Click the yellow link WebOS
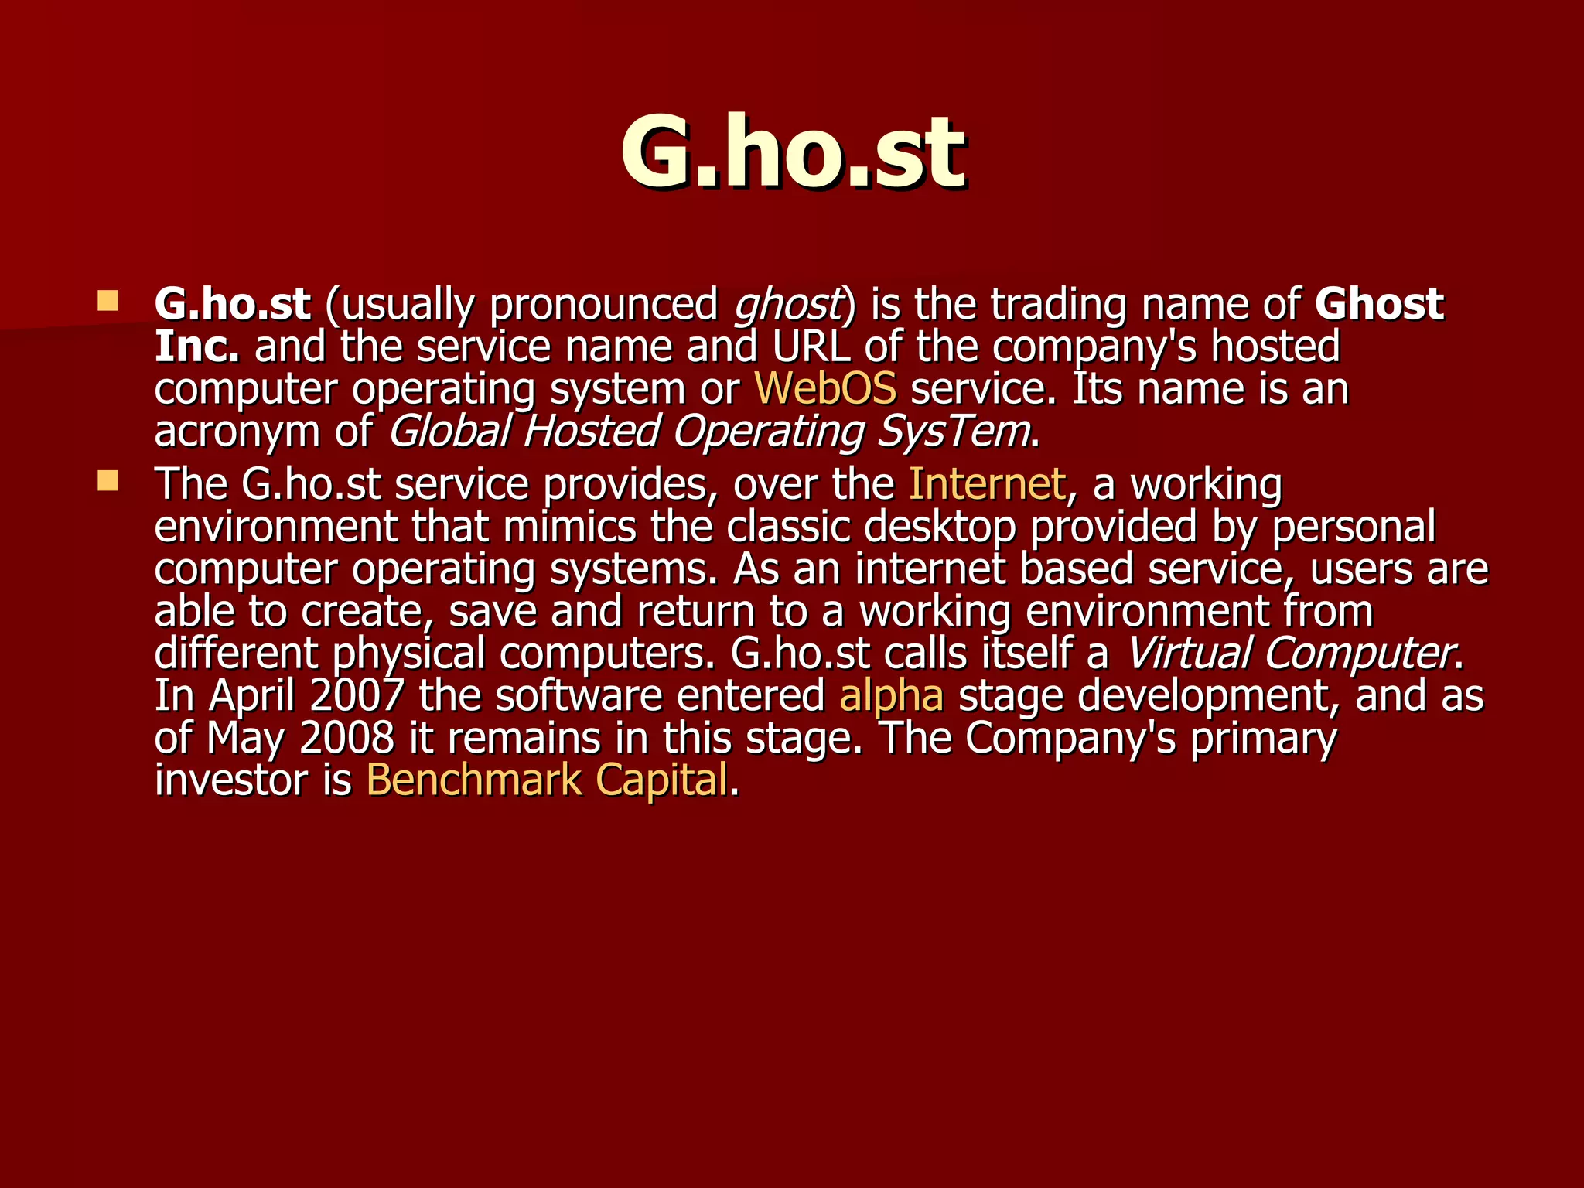[824, 388]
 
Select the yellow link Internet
[987, 484]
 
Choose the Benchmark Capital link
[546, 780]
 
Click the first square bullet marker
[108, 301]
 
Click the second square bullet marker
[108, 482]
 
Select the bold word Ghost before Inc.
[1378, 303]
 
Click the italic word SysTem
[953, 431]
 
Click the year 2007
[357, 695]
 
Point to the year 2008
[346, 738]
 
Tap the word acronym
[237, 432]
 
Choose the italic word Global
[449, 431]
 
